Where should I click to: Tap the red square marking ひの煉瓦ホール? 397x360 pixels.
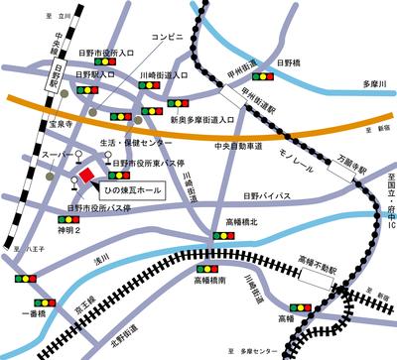[x=86, y=175]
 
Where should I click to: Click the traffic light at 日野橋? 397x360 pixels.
[x=265, y=74]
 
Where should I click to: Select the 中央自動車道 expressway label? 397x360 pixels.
[x=238, y=147]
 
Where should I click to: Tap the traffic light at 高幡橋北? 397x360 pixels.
[x=224, y=236]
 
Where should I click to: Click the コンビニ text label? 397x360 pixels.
[x=166, y=36]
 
